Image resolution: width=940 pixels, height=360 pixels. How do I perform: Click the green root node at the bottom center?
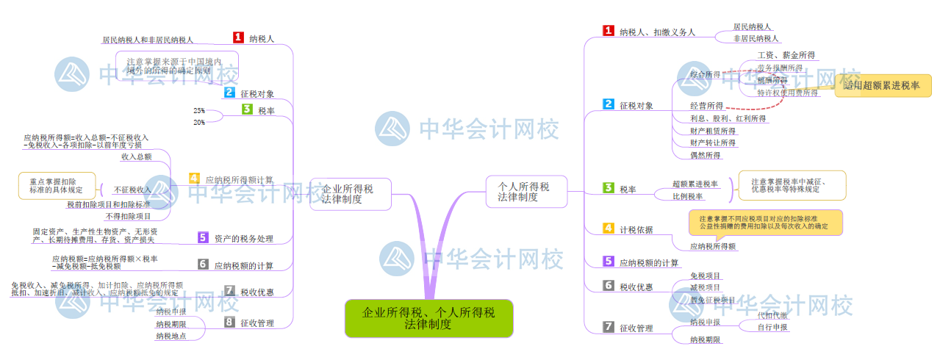(428, 318)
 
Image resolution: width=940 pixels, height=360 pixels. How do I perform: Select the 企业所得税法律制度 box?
(348, 194)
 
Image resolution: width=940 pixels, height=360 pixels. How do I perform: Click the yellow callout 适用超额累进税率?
(882, 86)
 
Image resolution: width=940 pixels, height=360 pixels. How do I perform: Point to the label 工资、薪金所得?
(786, 55)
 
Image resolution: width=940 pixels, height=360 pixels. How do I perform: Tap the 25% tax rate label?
(199, 110)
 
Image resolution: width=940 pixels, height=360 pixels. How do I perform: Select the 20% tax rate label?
(199, 123)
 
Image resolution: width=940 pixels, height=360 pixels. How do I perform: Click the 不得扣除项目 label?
(128, 216)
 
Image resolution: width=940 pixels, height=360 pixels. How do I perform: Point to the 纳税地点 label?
(171, 336)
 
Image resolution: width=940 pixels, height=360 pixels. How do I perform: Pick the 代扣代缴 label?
(772, 315)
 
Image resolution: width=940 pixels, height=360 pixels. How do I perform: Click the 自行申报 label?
(772, 327)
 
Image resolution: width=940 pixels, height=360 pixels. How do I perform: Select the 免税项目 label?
(706, 276)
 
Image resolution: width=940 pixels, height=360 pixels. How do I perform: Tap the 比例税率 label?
(688, 196)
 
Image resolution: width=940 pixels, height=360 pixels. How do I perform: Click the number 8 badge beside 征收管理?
(229, 322)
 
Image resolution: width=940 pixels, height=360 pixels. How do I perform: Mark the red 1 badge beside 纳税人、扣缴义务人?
(609, 31)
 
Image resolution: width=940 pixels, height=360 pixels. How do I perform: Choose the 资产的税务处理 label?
(243, 238)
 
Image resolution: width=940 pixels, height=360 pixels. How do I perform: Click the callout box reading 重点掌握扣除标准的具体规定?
(57, 185)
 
